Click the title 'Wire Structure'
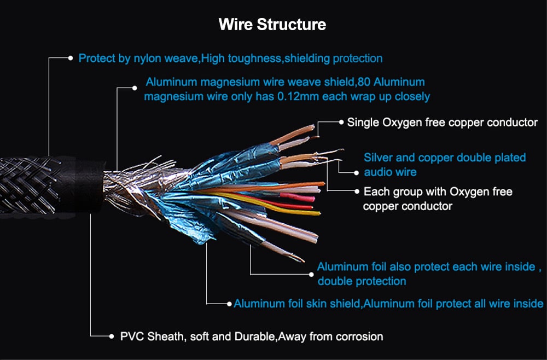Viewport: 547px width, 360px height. [x=272, y=25]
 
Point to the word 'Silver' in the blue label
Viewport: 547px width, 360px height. [x=378, y=158]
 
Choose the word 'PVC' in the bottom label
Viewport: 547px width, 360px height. [x=130, y=336]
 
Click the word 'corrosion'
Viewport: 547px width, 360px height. [x=354, y=336]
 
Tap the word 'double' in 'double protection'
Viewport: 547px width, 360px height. [x=335, y=281]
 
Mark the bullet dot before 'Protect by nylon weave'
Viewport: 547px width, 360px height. [x=71, y=57]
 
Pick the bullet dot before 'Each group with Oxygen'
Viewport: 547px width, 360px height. [x=357, y=192]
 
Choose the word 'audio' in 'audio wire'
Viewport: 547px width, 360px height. [x=377, y=172]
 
